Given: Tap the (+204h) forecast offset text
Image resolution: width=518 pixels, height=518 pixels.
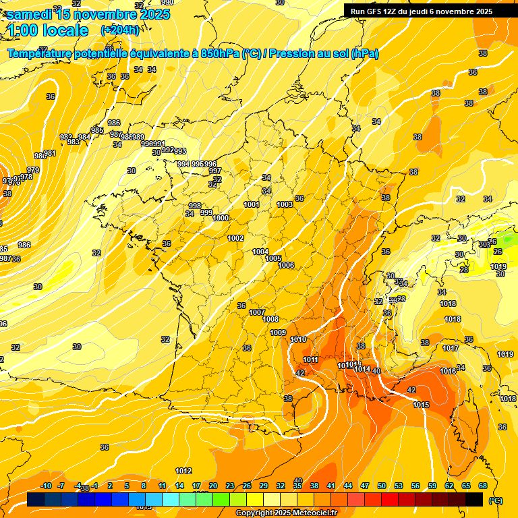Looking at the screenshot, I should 119,30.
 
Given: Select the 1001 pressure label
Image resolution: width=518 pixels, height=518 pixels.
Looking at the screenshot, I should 252,204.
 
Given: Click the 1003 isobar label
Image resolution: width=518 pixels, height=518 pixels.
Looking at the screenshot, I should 285,204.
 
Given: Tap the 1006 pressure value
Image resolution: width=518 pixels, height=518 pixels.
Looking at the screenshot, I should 286,265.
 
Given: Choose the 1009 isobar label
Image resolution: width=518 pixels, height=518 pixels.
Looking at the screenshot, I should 278,333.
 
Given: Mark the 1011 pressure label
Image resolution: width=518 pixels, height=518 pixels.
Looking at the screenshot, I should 311,359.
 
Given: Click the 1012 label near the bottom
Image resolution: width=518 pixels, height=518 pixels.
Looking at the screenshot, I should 183,471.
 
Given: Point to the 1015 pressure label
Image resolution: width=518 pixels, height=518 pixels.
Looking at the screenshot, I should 422,405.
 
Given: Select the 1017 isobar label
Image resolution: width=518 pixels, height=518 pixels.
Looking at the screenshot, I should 451,348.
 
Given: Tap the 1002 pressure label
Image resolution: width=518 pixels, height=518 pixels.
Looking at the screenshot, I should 235,238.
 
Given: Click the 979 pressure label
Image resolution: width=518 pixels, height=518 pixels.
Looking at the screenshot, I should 33,169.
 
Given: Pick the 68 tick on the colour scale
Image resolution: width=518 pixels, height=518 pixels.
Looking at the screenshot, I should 483,486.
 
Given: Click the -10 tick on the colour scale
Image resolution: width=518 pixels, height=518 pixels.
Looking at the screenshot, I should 46,486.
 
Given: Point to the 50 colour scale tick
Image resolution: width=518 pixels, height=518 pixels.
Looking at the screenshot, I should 382,486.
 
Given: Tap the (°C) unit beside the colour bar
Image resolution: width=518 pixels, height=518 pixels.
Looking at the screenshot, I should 495,500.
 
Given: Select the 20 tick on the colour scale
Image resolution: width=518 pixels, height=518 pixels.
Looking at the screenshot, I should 213,486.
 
